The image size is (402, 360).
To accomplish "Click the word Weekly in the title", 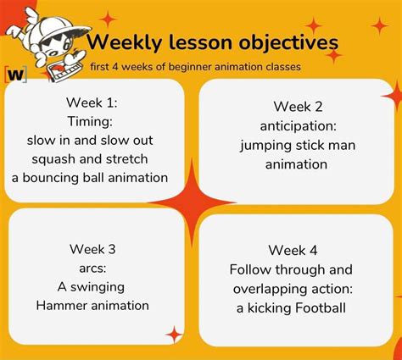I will click(120, 42).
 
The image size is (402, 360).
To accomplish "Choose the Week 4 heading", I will click(293, 250).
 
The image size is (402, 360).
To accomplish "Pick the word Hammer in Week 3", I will click(62, 305).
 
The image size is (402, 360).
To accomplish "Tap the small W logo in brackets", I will click(15, 74).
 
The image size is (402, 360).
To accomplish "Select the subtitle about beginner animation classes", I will click(195, 66).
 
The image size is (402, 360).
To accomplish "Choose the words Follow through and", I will click(291, 269).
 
